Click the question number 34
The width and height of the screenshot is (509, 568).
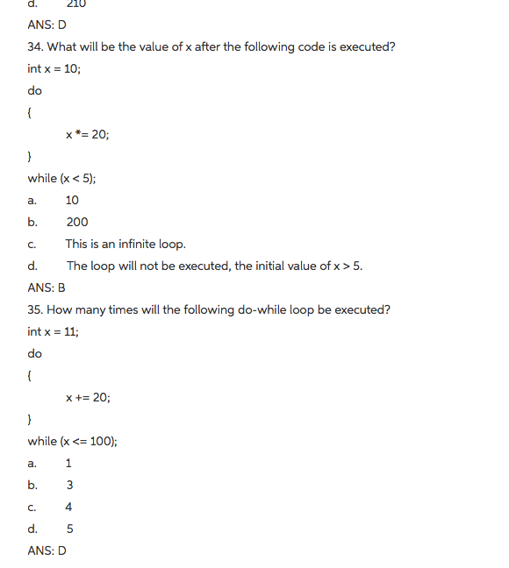coord(36,46)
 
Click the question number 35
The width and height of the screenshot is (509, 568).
coord(36,309)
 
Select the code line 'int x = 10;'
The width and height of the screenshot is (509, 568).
coord(54,68)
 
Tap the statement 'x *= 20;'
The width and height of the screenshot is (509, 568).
coord(87,134)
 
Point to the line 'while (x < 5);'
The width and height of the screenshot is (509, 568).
coord(61,178)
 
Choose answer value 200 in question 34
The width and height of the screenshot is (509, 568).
coord(76,222)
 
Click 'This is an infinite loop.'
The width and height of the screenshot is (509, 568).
coord(125,244)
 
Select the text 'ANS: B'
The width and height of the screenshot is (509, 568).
coord(47,288)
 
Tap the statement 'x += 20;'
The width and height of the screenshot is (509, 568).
coord(88,397)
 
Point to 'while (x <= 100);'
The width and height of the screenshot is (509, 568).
coord(72,441)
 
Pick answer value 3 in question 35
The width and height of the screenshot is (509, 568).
coord(69,485)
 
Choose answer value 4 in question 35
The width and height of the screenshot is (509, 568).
coord(69,507)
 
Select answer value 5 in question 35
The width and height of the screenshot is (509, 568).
coord(69,529)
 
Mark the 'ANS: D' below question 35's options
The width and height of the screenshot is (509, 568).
coord(47,550)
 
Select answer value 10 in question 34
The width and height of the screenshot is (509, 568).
coord(72,200)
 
